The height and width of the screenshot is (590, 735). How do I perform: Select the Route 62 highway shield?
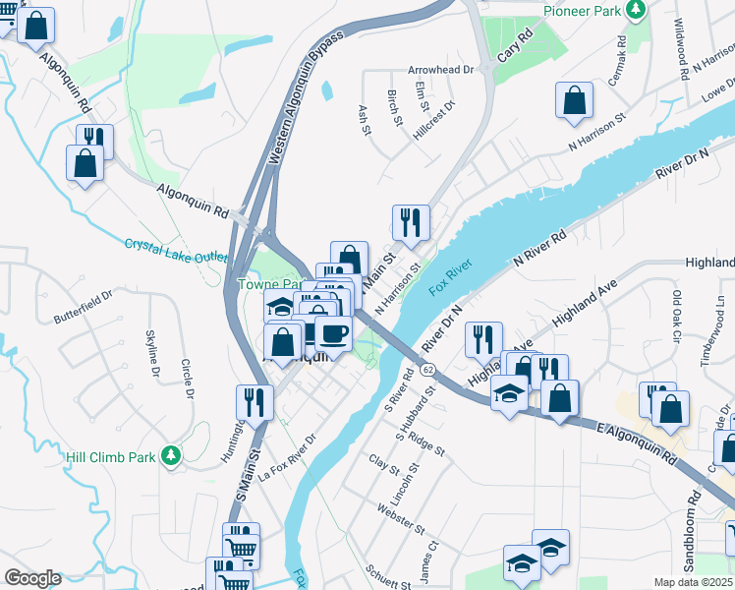[x=427, y=369]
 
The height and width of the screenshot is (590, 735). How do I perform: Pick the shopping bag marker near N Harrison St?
[x=574, y=101]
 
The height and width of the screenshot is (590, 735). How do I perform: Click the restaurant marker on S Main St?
[x=254, y=402]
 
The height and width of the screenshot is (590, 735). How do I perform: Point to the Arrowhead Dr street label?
[x=441, y=71]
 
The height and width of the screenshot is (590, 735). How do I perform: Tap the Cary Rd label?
[x=513, y=46]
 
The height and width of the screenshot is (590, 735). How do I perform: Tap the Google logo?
[x=32, y=578]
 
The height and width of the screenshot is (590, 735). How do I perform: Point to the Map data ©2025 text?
[x=694, y=582]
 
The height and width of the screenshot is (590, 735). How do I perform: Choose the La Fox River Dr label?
[x=287, y=457]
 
